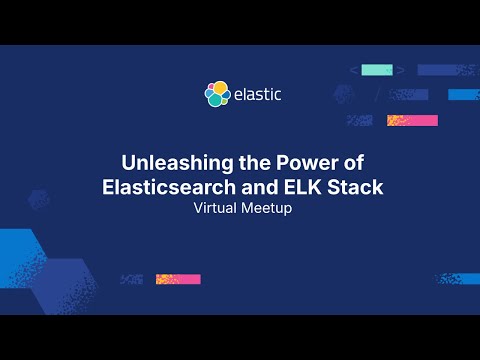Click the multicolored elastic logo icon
[217, 94]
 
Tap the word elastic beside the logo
[257, 94]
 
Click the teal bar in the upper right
[376, 70]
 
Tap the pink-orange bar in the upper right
[412, 120]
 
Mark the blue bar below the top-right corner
[463, 95]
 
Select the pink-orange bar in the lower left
[178, 279]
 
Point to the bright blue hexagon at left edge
[14, 250]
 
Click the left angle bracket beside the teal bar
[353, 70]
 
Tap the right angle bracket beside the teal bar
[400, 70]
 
